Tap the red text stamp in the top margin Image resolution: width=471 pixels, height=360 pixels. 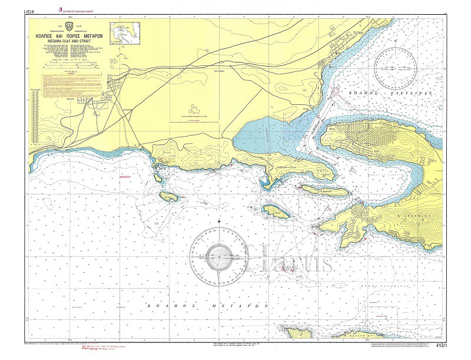click(82, 9)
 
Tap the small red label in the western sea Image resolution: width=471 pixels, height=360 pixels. click(125, 176)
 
